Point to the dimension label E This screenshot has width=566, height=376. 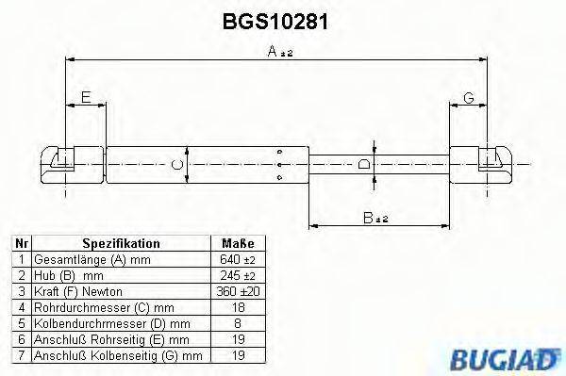coord(85,98)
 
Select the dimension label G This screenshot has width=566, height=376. coord(468,98)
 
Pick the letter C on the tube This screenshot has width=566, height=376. coord(176,166)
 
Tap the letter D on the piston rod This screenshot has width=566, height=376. coord(364,166)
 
